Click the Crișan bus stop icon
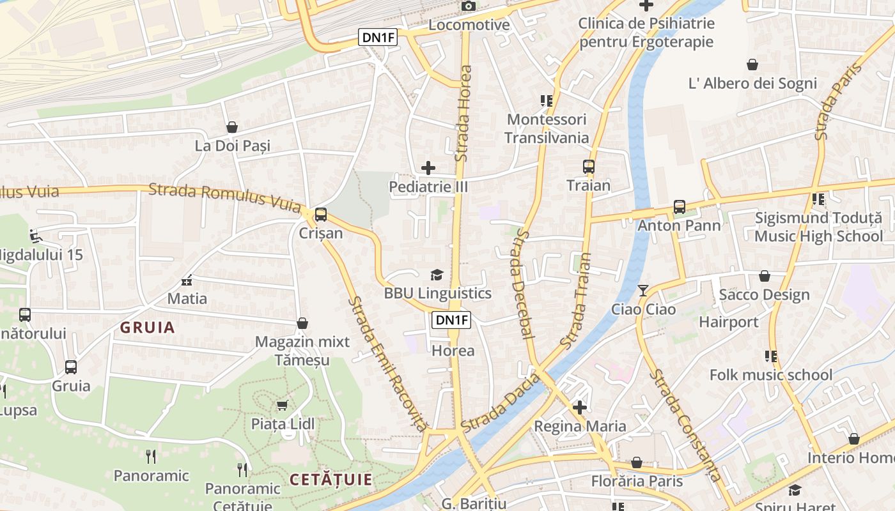(x=321, y=215)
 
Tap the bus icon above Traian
(x=589, y=167)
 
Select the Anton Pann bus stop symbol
(x=679, y=207)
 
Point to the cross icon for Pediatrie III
(x=428, y=168)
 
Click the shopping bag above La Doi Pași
(x=232, y=127)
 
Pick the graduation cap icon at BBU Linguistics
(x=437, y=275)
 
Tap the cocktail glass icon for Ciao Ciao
(x=642, y=291)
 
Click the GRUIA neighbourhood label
(x=148, y=328)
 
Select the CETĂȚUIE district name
(x=331, y=480)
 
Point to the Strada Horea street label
(x=465, y=112)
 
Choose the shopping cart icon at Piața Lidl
(x=282, y=405)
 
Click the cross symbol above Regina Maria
(x=580, y=407)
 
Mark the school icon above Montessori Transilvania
(x=546, y=100)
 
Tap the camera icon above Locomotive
(x=469, y=6)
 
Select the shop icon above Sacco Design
(x=765, y=276)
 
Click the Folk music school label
(x=771, y=375)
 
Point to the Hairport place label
(x=728, y=321)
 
